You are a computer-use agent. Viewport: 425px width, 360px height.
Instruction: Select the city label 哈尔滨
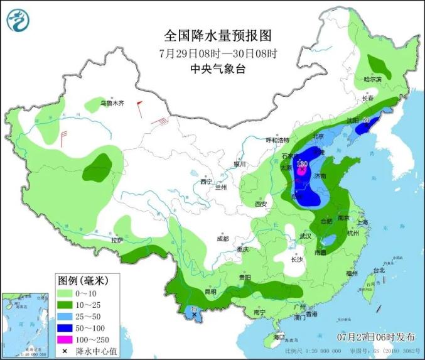(372, 79)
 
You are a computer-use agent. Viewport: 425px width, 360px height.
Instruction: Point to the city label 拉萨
(117, 240)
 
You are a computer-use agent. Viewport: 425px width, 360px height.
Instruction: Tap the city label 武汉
(306, 236)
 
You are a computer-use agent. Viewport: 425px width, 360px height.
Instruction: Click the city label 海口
(279, 337)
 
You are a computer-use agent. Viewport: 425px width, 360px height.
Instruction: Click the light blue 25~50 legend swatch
(65, 316)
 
